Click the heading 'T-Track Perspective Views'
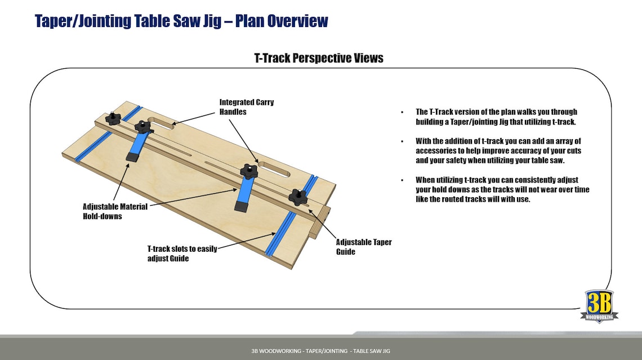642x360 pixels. pos(319,58)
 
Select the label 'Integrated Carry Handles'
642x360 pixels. pos(246,107)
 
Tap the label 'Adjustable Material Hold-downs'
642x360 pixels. pos(115,211)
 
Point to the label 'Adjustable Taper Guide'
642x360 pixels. pos(363,247)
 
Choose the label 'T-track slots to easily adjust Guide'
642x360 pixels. pos(182,254)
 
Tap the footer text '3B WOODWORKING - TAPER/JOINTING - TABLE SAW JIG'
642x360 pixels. pos(320,351)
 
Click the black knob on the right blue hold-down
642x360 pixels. pos(248,171)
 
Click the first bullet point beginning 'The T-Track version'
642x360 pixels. pos(496,117)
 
